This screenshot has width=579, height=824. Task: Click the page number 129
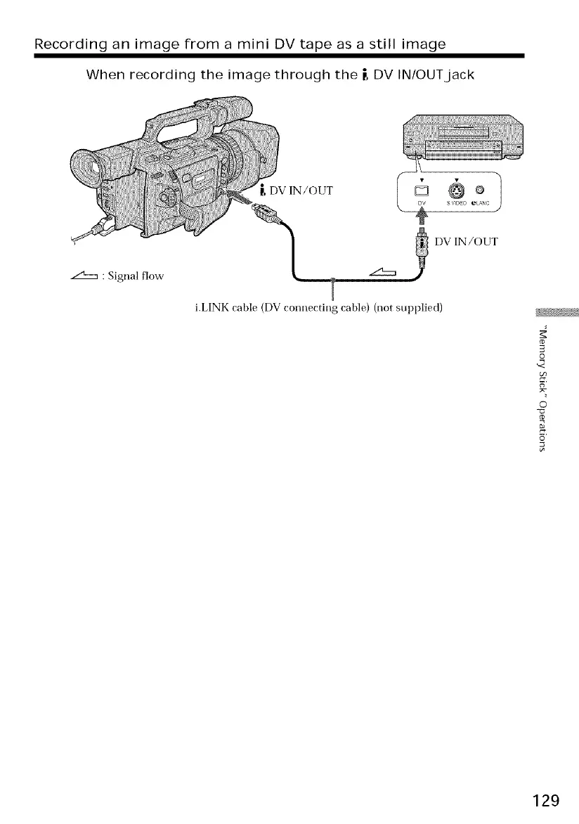tap(545, 800)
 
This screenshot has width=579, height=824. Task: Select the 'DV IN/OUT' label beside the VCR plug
tap(467, 242)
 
